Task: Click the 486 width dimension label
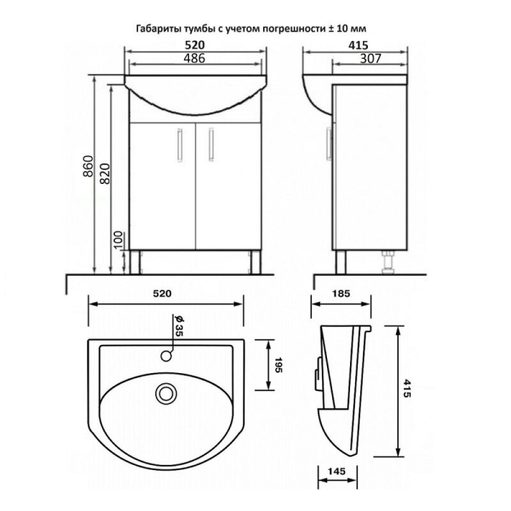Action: pyautogui.click(x=195, y=58)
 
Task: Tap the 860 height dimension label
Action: pyautogui.click(x=88, y=166)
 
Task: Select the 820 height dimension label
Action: pyautogui.click(x=105, y=173)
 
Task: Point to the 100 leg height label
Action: pyautogui.click(x=119, y=240)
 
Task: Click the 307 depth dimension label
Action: pyautogui.click(x=370, y=58)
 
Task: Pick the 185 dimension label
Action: pyautogui.click(x=341, y=294)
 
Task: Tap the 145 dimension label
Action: pyautogui.click(x=337, y=471)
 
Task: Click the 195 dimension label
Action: pyautogui.click(x=278, y=365)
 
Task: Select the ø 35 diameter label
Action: pyautogui.click(x=179, y=326)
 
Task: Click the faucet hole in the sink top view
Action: pyautogui.click(x=167, y=356)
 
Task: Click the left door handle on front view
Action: pyautogui.click(x=179, y=145)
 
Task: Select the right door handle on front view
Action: pyautogui.click(x=211, y=145)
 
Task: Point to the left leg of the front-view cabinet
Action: pyautogui.click(x=135, y=263)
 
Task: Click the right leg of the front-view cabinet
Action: pyautogui.click(x=255, y=263)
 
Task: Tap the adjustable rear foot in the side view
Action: pyautogui.click(x=388, y=263)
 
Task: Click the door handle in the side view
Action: pyautogui.click(x=329, y=145)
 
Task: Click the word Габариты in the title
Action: pyautogui.click(x=158, y=29)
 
